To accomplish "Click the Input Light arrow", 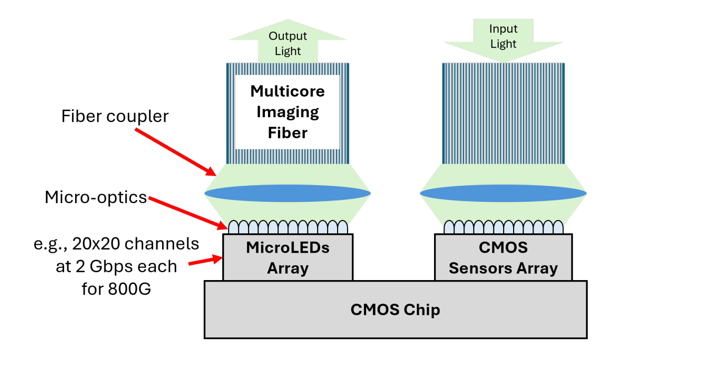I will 503,38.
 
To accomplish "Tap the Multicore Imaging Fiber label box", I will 287,112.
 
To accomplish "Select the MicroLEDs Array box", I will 287,257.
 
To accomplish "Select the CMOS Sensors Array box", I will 503,257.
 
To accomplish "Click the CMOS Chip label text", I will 395,310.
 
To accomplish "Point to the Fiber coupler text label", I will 115,117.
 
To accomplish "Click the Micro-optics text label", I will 96,197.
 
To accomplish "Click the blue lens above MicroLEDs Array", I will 287,193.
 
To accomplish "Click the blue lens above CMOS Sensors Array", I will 503,193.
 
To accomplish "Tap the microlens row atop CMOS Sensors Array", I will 503,227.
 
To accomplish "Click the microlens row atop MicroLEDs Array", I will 287,227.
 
